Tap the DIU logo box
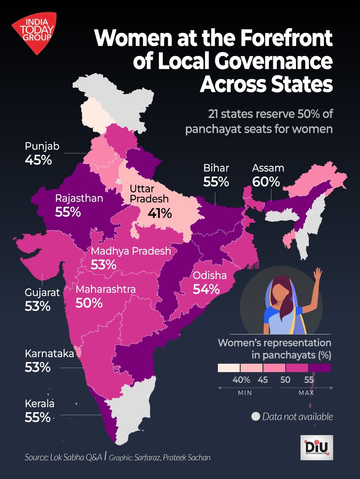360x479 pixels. click(317, 448)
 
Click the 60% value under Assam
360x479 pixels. click(266, 182)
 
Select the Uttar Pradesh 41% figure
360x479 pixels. click(160, 213)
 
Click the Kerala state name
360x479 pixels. click(40, 404)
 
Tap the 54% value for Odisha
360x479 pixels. click(206, 289)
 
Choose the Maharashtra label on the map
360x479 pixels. click(106, 289)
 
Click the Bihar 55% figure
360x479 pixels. click(216, 182)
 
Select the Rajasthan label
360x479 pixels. click(79, 198)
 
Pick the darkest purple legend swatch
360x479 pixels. click(320, 368)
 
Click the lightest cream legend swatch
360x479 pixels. click(229, 368)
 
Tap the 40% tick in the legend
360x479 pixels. click(241, 380)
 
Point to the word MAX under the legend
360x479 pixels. click(306, 393)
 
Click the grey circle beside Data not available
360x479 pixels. click(256, 416)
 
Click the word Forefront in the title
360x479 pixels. click(286, 38)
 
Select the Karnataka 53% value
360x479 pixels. click(37, 367)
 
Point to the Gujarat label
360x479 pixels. click(42, 292)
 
